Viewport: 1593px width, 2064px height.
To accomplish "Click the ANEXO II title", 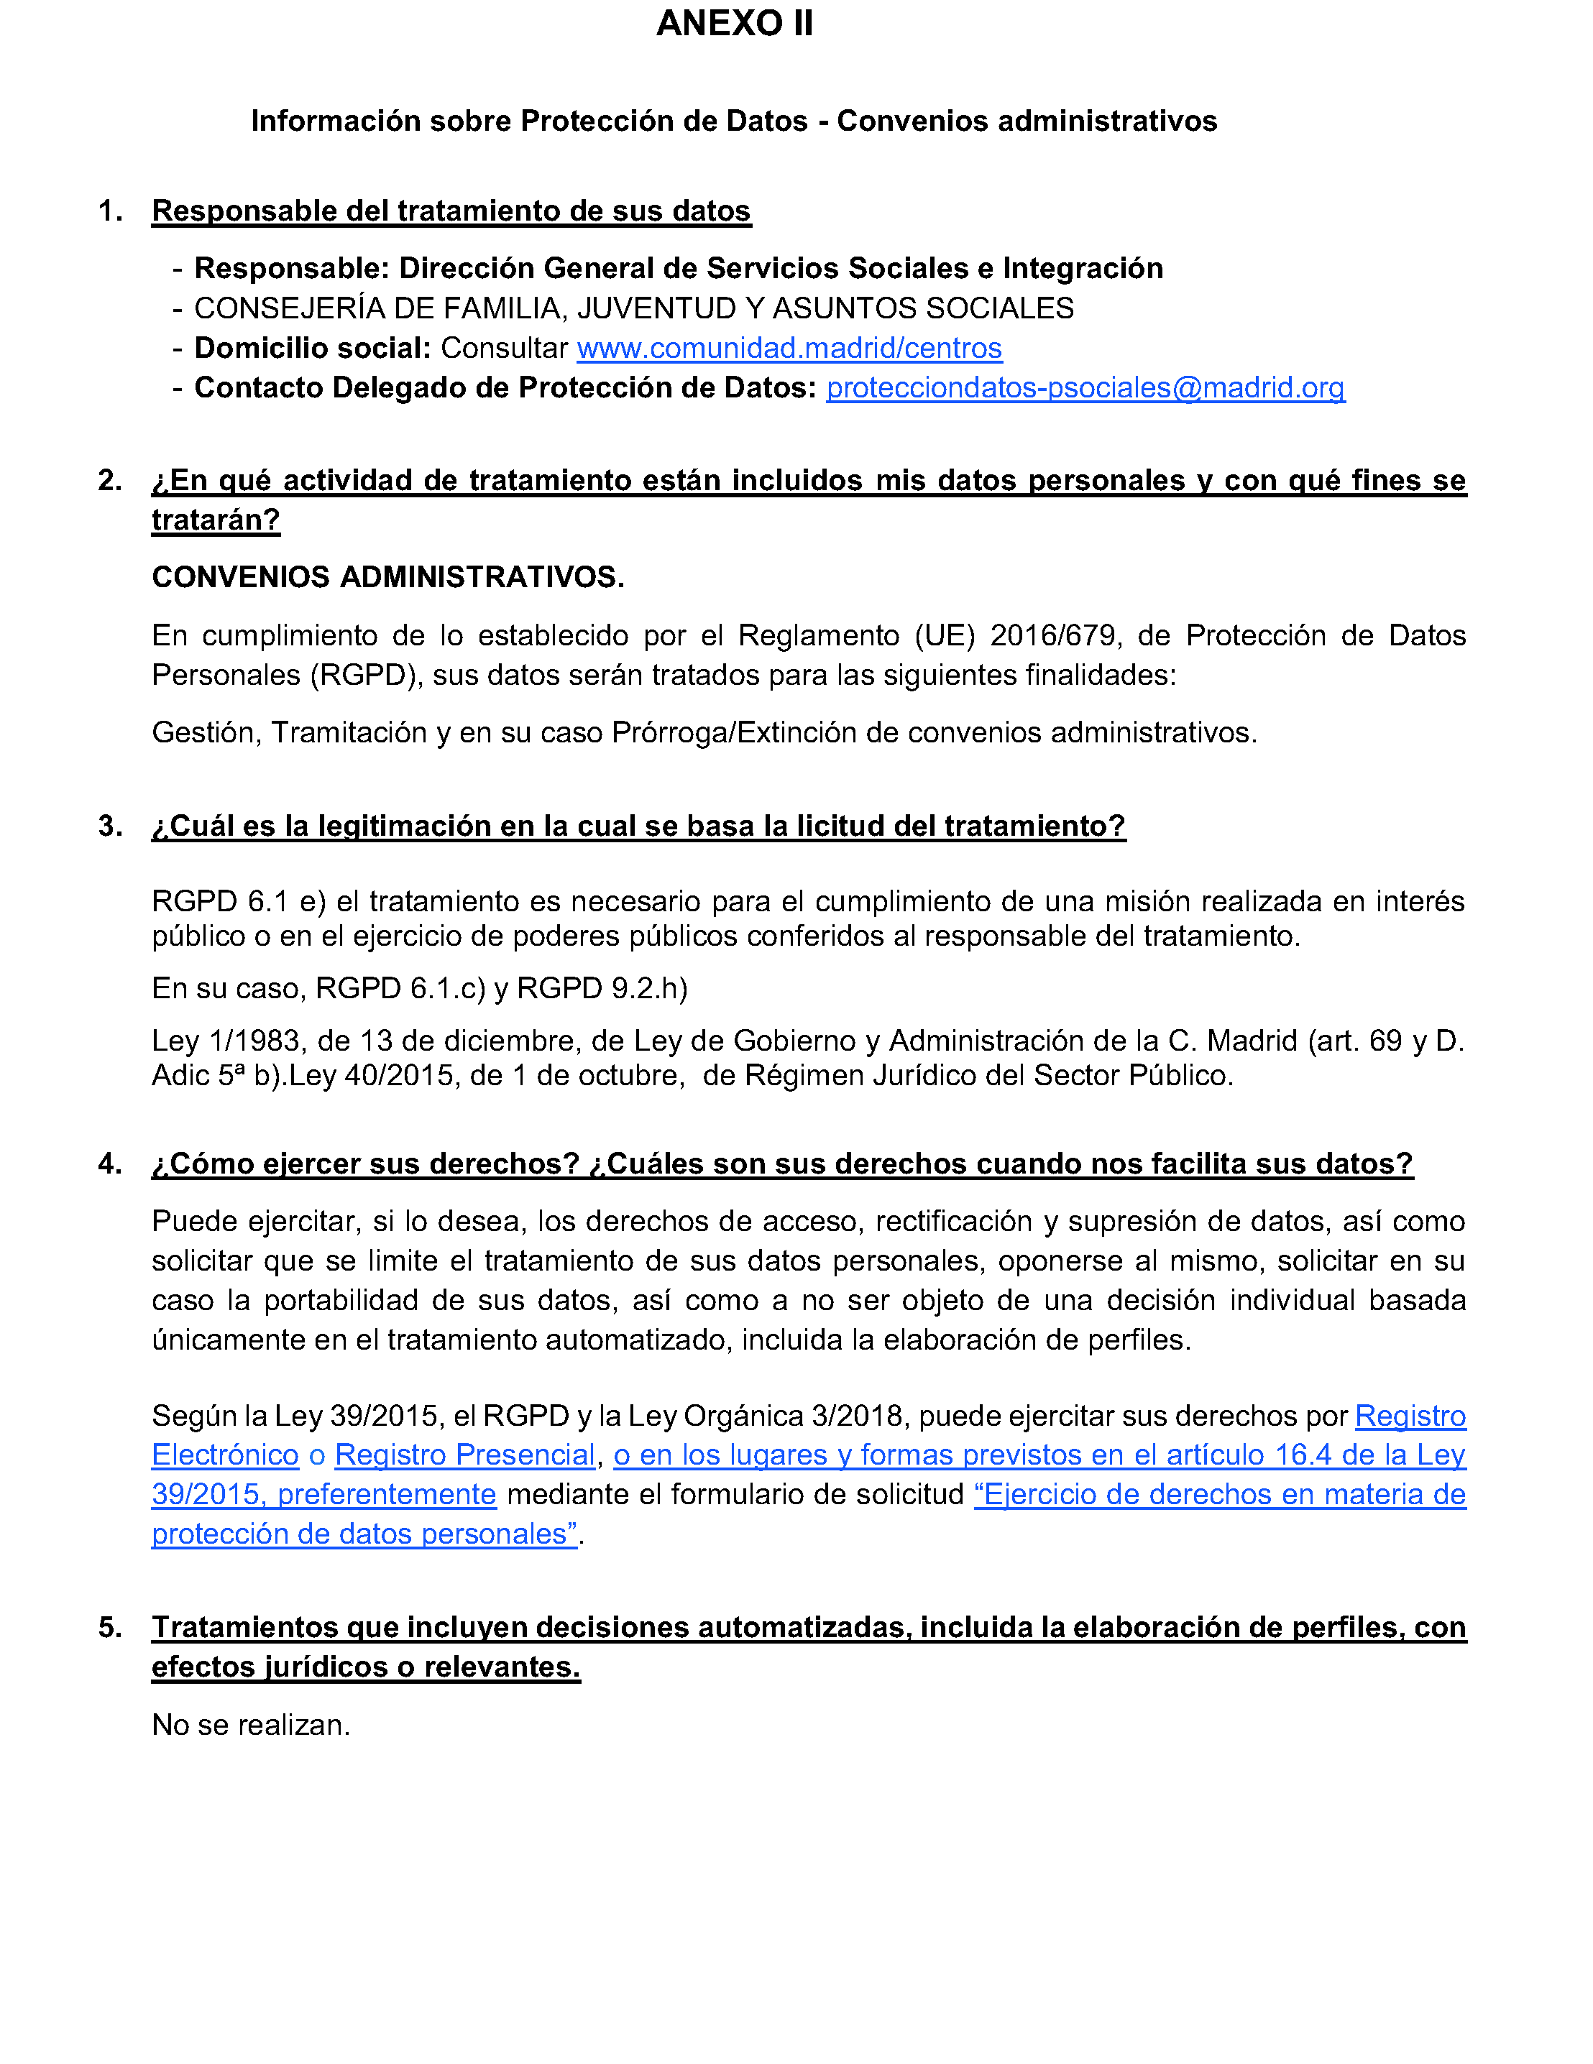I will pyautogui.click(x=734, y=24).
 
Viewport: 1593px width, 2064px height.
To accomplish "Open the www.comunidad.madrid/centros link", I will pyautogui.click(x=789, y=348).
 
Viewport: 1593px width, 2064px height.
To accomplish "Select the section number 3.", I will pyautogui.click(x=110, y=826).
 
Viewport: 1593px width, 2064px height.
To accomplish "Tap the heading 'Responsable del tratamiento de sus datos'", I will pyautogui.click(x=451, y=211).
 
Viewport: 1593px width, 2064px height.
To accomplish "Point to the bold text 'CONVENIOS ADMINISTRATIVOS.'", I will pyautogui.click(x=387, y=576).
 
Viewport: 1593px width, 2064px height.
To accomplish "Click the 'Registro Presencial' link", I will pyautogui.click(x=464, y=1455).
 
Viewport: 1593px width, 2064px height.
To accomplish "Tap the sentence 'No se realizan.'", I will pyautogui.click(x=251, y=1725).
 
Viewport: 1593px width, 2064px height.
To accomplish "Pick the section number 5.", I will pyautogui.click(x=110, y=1627).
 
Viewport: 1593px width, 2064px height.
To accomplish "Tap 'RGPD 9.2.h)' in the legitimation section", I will pyautogui.click(x=602, y=989).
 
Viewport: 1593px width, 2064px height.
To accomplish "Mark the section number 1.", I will pyautogui.click(x=110, y=211).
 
